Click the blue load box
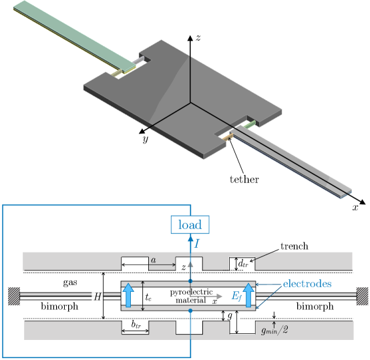[x=190, y=224]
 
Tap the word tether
[x=244, y=180]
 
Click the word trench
[x=295, y=246]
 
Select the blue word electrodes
[x=307, y=284]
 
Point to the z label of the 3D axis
[x=198, y=38]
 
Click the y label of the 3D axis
[x=146, y=139]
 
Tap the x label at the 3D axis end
[x=355, y=208]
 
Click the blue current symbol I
[x=196, y=244]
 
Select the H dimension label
[x=98, y=297]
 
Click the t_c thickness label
[x=148, y=297]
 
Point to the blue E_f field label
[x=236, y=296]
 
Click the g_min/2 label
[x=274, y=331]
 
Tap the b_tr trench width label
[x=136, y=325]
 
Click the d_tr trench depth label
[x=243, y=264]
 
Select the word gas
[x=70, y=283]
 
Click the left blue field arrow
[x=128, y=295]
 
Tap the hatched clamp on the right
[x=362, y=296]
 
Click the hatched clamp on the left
[x=14, y=296]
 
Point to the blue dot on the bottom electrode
[x=190, y=311]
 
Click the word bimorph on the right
[x=315, y=307]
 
